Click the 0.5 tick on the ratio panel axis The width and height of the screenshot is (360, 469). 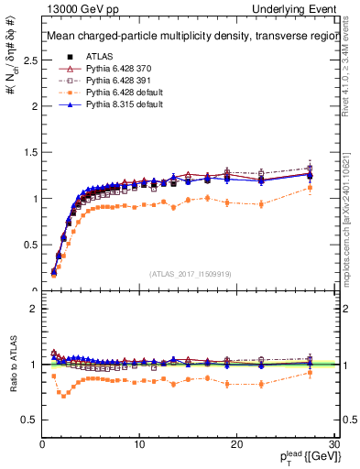pos(30,420)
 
